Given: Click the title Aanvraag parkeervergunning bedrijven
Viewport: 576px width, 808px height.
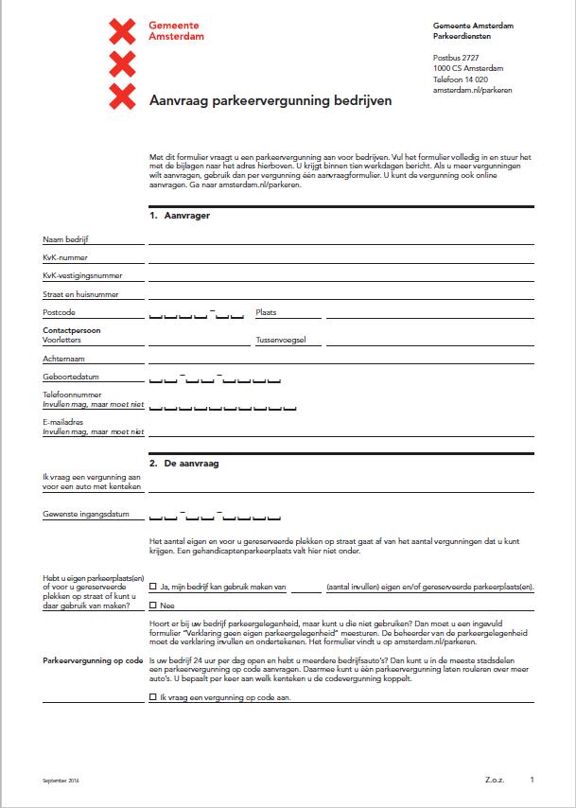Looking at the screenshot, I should pyautogui.click(x=270, y=99).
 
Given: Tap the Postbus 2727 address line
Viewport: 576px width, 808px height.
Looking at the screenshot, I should pyautogui.click(x=456, y=58).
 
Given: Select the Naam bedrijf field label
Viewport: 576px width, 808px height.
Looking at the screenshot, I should pyautogui.click(x=66, y=240).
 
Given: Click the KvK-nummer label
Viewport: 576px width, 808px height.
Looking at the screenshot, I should pyautogui.click(x=65, y=257).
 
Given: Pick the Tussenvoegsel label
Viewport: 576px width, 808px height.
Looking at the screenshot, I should pyautogui.click(x=281, y=339).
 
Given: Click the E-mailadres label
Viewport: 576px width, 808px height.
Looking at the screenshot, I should pyautogui.click(x=64, y=421).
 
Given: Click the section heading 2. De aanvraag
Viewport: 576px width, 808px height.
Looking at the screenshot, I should pyautogui.click(x=186, y=464).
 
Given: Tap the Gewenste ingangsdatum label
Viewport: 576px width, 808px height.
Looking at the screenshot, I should pyautogui.click(x=85, y=515).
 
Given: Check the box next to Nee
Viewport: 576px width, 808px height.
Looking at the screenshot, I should pyautogui.click(x=153, y=606).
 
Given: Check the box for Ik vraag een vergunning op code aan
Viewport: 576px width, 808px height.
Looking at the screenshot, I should pyautogui.click(x=153, y=696).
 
